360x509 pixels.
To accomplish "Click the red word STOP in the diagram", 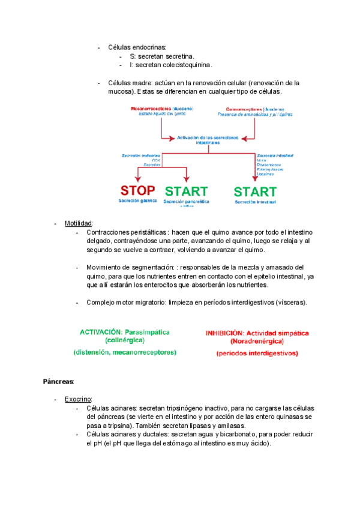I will click(x=138, y=191).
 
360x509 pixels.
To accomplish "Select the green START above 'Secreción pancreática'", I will click(x=186, y=191).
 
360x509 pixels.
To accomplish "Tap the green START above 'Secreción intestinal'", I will click(x=255, y=192).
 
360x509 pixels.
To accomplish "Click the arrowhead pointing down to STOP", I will click(x=138, y=179).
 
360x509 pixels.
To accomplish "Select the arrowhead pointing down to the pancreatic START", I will click(x=187, y=179).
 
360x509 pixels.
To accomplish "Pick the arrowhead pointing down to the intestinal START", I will click(x=255, y=179).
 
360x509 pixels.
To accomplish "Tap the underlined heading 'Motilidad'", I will click(x=78, y=224).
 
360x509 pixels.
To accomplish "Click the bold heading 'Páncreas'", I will click(x=58, y=381).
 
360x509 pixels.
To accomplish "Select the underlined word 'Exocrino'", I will click(x=78, y=399).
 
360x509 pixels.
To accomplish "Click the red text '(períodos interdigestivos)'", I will click(x=257, y=354).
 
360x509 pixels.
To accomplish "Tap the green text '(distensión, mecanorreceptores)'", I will click(x=125, y=352).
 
